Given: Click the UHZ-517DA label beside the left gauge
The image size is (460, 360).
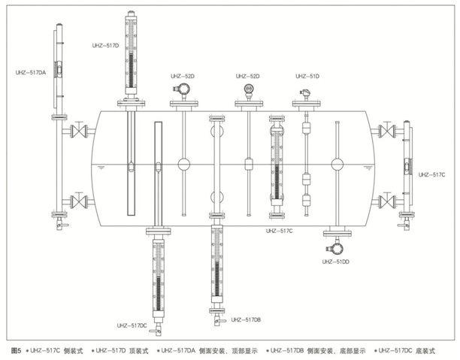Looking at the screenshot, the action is click(x=31, y=72).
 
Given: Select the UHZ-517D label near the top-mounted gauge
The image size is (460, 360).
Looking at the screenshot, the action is click(x=106, y=46).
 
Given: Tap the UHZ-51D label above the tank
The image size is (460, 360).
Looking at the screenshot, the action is click(x=307, y=76).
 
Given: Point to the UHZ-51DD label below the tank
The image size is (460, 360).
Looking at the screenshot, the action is click(x=336, y=262).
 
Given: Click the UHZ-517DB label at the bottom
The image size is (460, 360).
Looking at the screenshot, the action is click(x=246, y=319).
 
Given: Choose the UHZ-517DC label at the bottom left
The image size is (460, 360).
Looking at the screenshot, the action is click(x=132, y=325).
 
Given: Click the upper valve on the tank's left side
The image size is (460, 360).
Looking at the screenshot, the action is click(x=79, y=131).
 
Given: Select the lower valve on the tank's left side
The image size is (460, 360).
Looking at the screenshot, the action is click(x=79, y=201).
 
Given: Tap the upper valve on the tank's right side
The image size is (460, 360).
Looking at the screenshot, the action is click(x=387, y=131).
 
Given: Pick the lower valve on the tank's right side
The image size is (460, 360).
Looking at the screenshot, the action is click(x=387, y=201).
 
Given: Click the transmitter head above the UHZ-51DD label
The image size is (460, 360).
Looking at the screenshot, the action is click(x=334, y=249).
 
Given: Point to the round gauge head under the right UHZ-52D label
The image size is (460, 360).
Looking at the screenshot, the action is click(x=249, y=89).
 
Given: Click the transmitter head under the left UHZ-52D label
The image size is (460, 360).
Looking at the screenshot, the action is click(x=182, y=89).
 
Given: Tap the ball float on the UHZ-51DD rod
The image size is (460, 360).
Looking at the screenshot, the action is click(x=337, y=165).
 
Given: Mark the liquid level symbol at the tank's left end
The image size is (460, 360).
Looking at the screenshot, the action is click(x=101, y=168).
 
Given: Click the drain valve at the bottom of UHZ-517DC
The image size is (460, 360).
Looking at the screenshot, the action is click(x=156, y=330).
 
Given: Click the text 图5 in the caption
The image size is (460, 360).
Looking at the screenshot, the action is click(x=16, y=351).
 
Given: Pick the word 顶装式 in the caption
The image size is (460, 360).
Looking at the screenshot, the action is click(x=139, y=351).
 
